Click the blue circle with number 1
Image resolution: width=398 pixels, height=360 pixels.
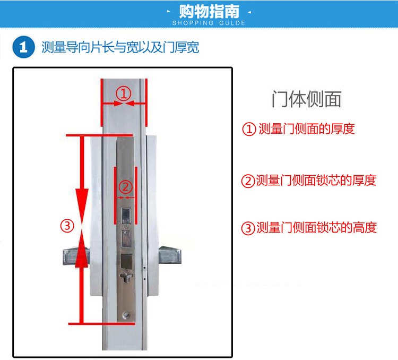click(x=23, y=47)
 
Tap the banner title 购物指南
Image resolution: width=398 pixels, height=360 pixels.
click(x=209, y=12)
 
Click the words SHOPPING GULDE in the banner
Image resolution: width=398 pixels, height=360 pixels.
click(x=209, y=23)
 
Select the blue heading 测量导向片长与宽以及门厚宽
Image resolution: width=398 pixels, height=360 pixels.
click(x=120, y=47)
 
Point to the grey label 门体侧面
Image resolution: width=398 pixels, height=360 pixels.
click(x=307, y=99)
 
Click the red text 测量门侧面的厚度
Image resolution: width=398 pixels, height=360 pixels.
click(x=307, y=128)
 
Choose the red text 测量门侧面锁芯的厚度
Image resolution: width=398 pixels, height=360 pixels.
click(x=316, y=181)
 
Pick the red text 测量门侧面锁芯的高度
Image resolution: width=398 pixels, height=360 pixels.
click(x=316, y=227)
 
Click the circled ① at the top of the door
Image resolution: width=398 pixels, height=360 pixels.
click(x=124, y=94)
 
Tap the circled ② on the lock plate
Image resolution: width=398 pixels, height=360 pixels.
click(x=126, y=187)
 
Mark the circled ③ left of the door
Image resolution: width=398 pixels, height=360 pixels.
click(x=67, y=226)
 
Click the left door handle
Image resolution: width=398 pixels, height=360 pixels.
click(x=76, y=256)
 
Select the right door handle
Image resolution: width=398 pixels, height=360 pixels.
click(x=170, y=254)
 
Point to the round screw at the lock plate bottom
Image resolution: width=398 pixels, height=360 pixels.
click(x=126, y=315)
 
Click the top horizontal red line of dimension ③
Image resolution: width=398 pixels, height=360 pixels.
click(x=99, y=135)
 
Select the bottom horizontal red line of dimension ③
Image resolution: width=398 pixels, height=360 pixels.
click(x=101, y=324)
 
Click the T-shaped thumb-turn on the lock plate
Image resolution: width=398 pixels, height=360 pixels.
click(x=126, y=277)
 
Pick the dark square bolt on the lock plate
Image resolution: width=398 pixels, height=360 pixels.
click(x=126, y=261)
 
